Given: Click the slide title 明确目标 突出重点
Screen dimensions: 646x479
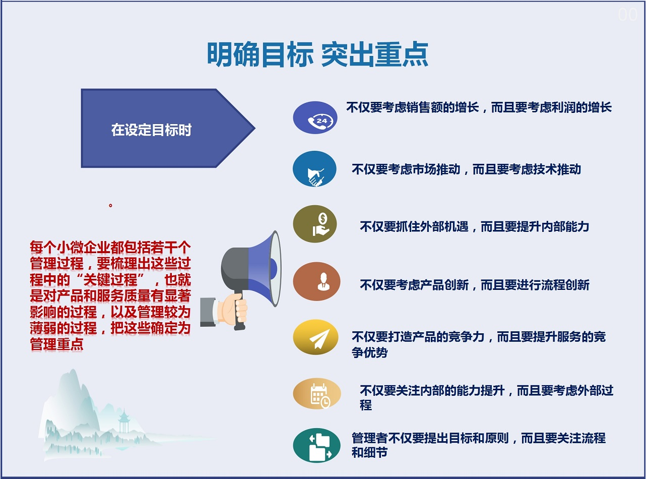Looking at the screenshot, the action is click(x=317, y=54).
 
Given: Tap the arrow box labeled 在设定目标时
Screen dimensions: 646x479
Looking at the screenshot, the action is click(x=168, y=128).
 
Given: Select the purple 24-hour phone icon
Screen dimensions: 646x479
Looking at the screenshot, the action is click(x=315, y=117).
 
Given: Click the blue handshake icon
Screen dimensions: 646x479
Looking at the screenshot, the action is click(x=314, y=169).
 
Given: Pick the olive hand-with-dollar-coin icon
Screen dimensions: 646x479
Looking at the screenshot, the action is click(x=314, y=224).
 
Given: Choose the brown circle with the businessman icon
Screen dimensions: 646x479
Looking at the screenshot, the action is click(x=316, y=281).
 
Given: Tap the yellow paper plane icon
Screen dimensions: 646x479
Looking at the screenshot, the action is click(x=316, y=337).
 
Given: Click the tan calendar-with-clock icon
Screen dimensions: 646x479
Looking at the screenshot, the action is click(x=317, y=394).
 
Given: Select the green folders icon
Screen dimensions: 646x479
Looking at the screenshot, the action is click(x=316, y=445).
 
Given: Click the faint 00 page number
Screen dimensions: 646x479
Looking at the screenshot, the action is click(x=627, y=15).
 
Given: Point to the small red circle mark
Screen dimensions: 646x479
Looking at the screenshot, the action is click(x=110, y=206).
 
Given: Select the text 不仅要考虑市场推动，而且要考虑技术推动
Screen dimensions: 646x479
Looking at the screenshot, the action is click(x=466, y=169).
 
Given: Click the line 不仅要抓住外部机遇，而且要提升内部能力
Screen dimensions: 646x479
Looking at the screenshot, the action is click(x=475, y=226).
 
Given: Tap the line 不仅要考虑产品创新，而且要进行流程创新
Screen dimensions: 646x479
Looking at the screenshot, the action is click(x=475, y=284).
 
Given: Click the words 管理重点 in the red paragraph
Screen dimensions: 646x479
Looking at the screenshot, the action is click(x=57, y=344).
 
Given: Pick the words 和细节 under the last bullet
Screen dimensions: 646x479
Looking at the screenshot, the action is click(x=369, y=452).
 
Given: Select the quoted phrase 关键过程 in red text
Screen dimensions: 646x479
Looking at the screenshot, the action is click(x=110, y=280).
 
